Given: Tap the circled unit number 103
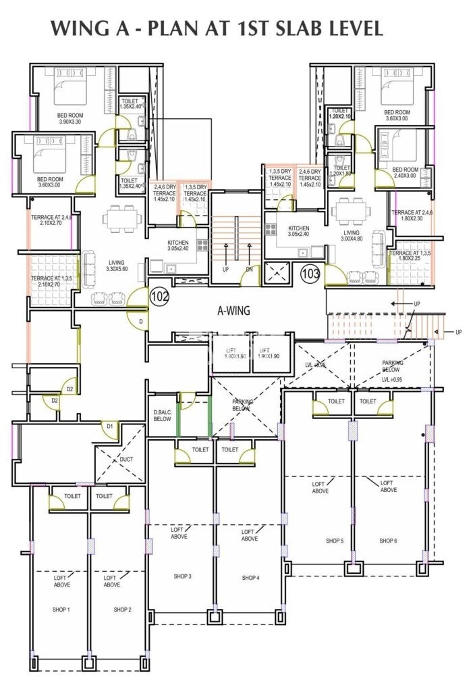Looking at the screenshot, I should tap(310, 274).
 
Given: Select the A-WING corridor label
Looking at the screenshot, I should tap(233, 312).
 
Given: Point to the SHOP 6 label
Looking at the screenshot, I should tap(387, 541).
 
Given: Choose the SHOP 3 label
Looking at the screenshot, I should tap(182, 576).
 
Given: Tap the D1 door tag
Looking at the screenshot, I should tap(110, 426).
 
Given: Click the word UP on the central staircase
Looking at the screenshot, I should tap(225, 270).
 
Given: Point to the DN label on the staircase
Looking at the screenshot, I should tap(248, 270).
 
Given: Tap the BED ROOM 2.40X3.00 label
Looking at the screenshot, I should tap(406, 172).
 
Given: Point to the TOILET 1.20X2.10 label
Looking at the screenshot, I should tap(341, 114).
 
